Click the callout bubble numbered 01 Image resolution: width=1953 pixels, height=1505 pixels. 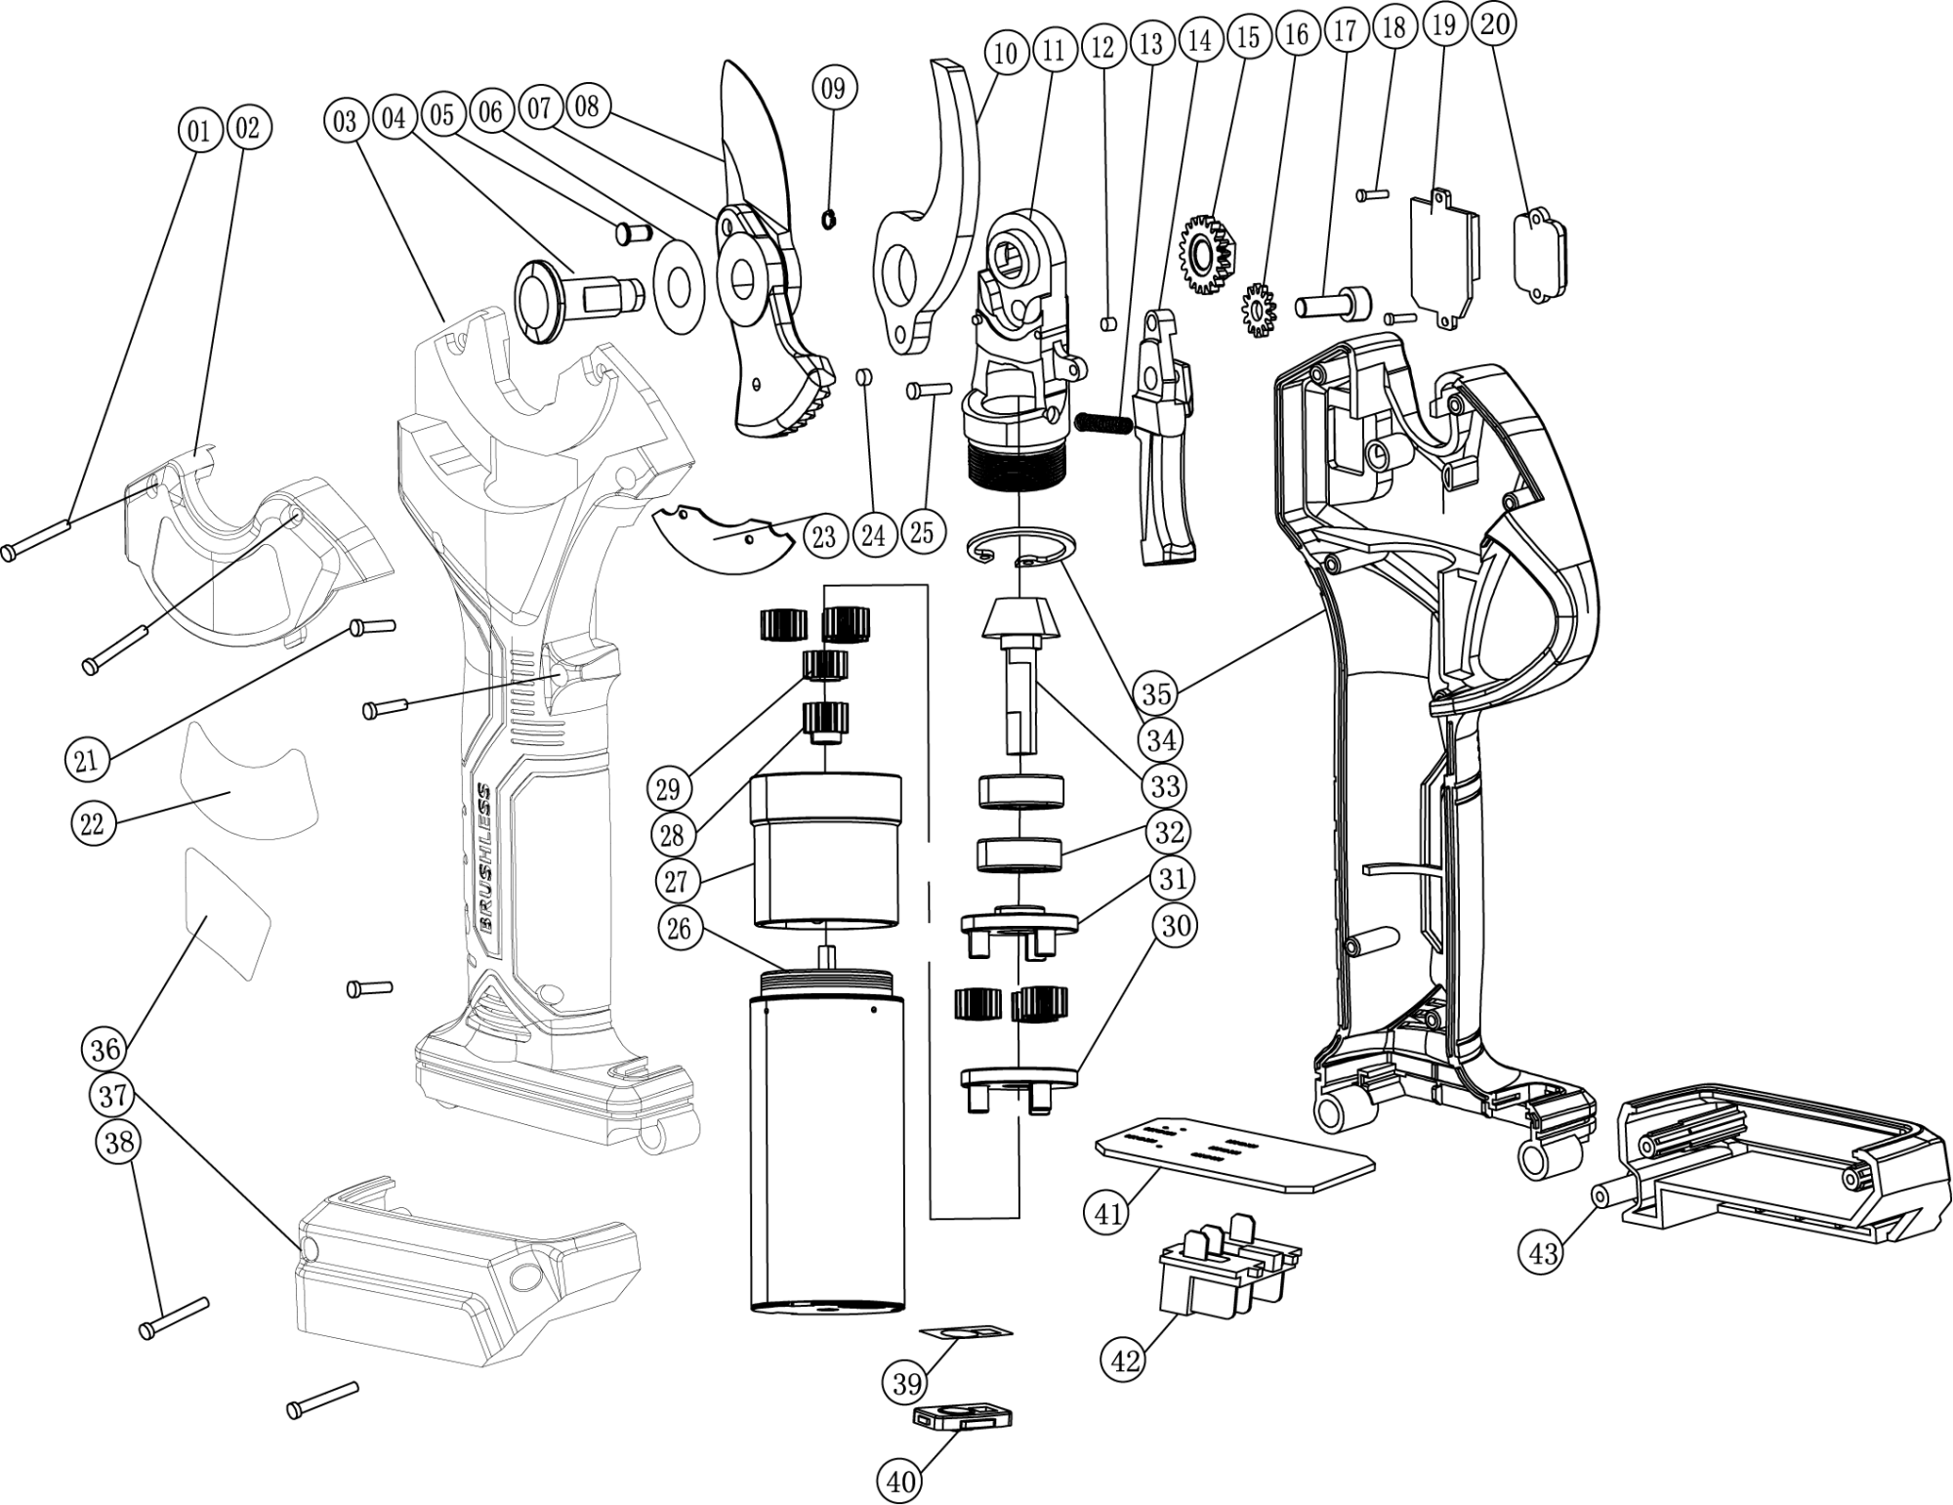tap(199, 129)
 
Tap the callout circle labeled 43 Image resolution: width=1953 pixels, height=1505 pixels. tap(1543, 1251)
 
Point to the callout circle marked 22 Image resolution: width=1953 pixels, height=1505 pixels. tap(92, 823)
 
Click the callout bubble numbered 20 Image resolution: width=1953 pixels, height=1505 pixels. tap(1495, 23)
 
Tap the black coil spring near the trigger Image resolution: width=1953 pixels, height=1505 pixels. tap(1102, 422)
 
